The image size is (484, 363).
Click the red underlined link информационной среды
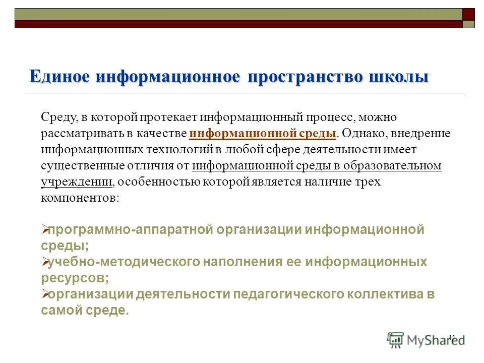pyautogui.click(x=263, y=134)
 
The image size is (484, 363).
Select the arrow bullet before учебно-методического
pyautogui.click(x=44, y=263)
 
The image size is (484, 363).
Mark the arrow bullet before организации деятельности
pyautogui.click(x=44, y=295)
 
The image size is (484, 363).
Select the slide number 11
pyautogui.click(x=451, y=337)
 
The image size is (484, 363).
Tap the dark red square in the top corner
pyautogui.click(x=469, y=14)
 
